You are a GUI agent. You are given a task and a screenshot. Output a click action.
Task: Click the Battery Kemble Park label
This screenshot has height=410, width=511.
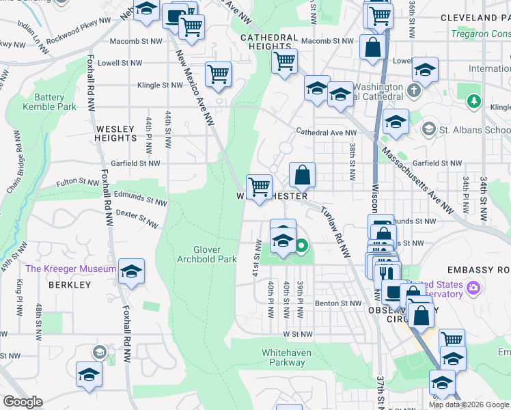(49, 102)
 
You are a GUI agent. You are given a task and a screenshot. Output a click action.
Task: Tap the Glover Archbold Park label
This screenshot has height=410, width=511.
(216, 254)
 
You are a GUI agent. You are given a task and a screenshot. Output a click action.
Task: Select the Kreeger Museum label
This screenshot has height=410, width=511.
(71, 269)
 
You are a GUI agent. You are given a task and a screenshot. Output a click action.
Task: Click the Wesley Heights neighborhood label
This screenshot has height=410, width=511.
(116, 133)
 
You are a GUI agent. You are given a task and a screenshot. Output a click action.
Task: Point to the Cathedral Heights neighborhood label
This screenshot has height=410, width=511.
(268, 42)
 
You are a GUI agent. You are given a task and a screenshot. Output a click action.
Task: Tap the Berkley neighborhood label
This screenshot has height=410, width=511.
(70, 284)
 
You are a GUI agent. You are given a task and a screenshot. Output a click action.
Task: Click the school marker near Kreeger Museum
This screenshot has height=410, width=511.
(130, 271)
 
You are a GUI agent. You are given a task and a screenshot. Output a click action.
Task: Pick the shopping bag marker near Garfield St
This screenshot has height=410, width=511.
(302, 175)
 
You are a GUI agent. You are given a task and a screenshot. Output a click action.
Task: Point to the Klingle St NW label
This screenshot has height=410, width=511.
(160, 85)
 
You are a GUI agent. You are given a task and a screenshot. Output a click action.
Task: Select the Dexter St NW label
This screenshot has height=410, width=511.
(137, 218)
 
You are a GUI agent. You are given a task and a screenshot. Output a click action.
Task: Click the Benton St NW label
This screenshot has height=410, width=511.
(337, 303)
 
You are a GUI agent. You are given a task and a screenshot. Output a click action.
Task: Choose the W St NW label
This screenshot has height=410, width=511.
(297, 334)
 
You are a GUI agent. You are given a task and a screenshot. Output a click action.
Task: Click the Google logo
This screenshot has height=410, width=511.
(23, 402)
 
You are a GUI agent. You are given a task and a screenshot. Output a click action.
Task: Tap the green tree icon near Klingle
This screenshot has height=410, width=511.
(473, 102)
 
